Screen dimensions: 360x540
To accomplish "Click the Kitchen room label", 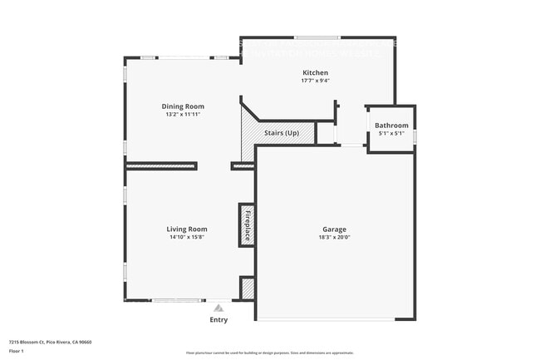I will pyautogui.click(x=315, y=73).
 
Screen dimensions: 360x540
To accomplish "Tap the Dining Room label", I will pyautogui.click(x=182, y=106).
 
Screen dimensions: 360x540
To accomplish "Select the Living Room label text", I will pyautogui.click(x=187, y=229).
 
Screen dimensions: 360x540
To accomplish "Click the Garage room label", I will pyautogui.click(x=335, y=229).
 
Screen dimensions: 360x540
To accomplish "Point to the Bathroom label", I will pyautogui.click(x=391, y=126).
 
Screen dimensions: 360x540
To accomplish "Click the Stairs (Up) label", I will pyautogui.click(x=282, y=133).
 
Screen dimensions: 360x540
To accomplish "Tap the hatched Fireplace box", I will pyautogui.click(x=247, y=224).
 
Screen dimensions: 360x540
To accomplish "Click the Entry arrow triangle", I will pyautogui.click(x=218, y=307).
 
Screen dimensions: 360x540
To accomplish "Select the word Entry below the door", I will pyautogui.click(x=218, y=319).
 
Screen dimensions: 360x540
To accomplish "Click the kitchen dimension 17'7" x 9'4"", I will pyautogui.click(x=315, y=81).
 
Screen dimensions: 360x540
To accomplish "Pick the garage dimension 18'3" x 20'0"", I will pyautogui.click(x=335, y=237).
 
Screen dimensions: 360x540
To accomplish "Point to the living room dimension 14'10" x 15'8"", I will pyautogui.click(x=187, y=237).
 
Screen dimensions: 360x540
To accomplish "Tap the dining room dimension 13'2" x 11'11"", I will pyautogui.click(x=182, y=115).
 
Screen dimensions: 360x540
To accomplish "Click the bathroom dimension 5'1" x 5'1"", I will pyautogui.click(x=391, y=133).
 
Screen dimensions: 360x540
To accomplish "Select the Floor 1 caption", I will pyautogui.click(x=17, y=350).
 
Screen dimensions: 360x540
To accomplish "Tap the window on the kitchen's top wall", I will pyautogui.click(x=317, y=37).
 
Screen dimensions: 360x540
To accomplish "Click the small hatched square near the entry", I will pyautogui.click(x=247, y=288).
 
